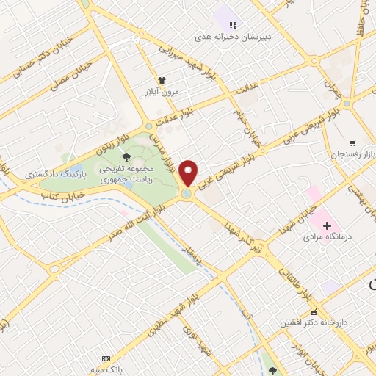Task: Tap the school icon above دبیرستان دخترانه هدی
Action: pos(233,24)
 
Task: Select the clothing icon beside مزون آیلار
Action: pos(162,81)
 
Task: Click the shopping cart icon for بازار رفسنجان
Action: pos(353,142)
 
